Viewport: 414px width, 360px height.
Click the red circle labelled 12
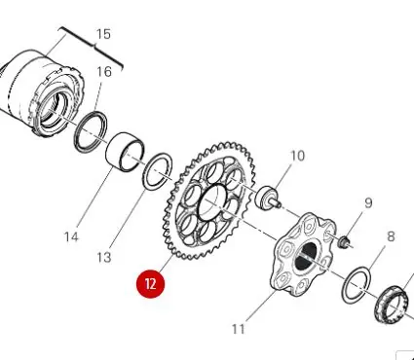151,283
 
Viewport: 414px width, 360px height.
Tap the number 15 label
103,34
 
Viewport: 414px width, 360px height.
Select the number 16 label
104,72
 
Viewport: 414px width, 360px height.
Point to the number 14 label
71,237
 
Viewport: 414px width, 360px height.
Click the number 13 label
104,258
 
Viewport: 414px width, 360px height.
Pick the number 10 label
298,156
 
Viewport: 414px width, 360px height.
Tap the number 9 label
368,203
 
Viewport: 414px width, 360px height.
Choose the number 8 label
391,236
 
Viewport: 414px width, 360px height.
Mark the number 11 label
239,329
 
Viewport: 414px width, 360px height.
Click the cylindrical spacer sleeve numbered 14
126,151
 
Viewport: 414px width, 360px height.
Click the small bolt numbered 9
345,242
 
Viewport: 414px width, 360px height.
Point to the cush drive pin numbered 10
268,196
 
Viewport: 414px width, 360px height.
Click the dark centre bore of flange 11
306,256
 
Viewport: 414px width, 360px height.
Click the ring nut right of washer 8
391,304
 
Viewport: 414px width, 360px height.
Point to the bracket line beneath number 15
92,48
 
